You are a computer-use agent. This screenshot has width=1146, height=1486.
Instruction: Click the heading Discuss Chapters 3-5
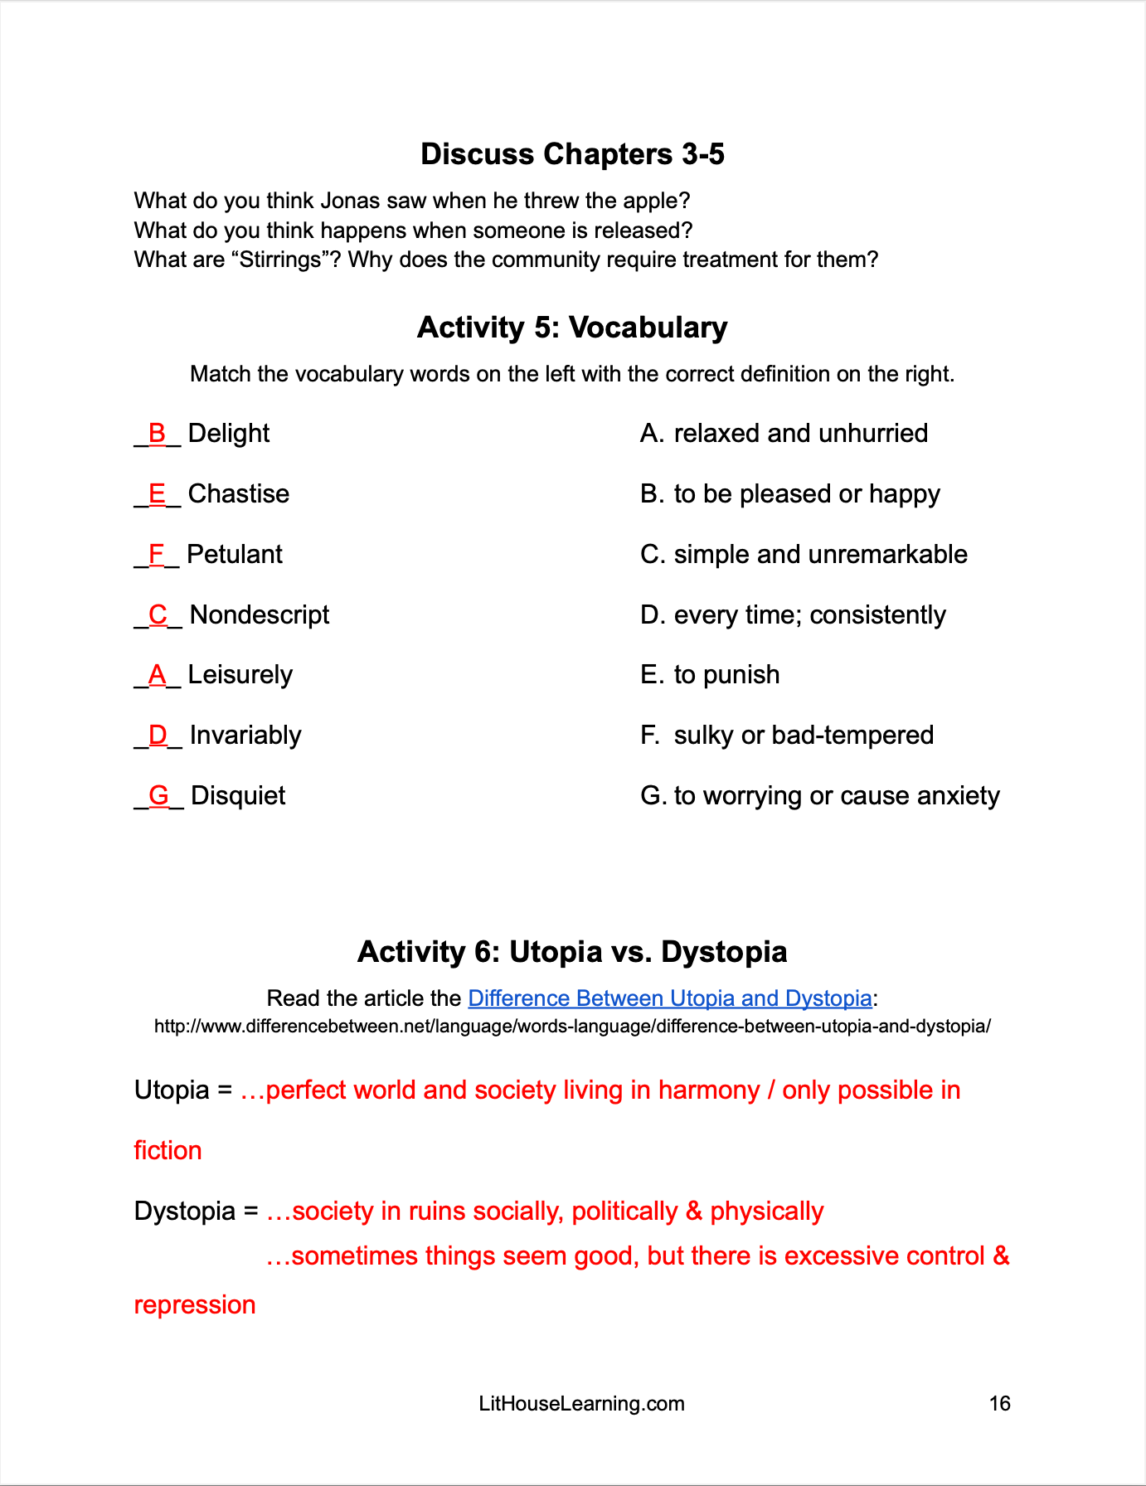click(x=572, y=154)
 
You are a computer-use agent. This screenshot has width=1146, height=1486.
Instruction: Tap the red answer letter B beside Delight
click(x=157, y=433)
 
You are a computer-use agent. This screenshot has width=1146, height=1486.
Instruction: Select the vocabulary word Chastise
click(x=239, y=493)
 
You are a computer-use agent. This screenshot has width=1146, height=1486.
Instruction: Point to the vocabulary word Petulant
click(x=235, y=554)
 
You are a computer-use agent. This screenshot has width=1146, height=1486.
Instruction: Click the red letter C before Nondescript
click(x=158, y=614)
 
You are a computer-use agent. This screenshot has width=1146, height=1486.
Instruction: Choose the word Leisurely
click(x=240, y=674)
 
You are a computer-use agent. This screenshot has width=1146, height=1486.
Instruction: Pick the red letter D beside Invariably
click(x=158, y=735)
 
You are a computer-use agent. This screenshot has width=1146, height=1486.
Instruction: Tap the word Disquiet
click(x=238, y=795)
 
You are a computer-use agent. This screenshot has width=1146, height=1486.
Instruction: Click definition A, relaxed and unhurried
click(x=784, y=433)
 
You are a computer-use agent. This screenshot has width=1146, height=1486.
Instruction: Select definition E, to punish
click(x=710, y=674)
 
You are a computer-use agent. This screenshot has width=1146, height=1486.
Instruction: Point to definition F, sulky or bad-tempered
click(x=787, y=735)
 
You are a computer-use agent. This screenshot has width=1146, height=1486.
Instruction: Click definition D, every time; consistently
click(x=793, y=614)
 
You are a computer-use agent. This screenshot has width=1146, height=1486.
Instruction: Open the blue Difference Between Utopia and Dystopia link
click(x=669, y=998)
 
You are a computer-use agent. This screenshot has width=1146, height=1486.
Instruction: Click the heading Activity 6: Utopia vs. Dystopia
click(x=572, y=951)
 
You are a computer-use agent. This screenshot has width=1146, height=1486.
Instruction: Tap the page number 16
click(x=999, y=1403)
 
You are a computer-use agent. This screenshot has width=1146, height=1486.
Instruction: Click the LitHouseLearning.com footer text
click(x=581, y=1403)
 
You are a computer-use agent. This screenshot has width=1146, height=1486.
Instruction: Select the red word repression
click(x=195, y=1304)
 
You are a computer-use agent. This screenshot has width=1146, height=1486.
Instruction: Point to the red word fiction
click(x=168, y=1150)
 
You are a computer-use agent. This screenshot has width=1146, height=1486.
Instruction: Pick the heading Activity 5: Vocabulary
click(x=572, y=328)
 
